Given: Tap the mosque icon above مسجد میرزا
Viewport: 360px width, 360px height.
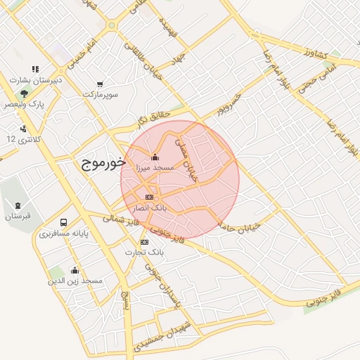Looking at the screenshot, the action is click(x=155, y=157).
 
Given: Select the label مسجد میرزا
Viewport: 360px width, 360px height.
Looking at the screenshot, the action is click(x=155, y=169).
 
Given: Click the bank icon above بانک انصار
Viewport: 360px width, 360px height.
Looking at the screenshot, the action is click(x=148, y=197).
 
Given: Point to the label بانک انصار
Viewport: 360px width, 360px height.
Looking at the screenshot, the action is click(x=150, y=208).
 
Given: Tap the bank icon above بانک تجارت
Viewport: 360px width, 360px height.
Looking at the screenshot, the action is click(x=145, y=242).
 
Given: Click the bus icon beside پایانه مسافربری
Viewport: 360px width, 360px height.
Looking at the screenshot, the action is click(x=64, y=222).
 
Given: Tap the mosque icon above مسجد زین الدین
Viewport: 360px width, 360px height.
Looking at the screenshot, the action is click(x=75, y=270).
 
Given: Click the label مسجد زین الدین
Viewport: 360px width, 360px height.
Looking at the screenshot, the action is click(x=75, y=281).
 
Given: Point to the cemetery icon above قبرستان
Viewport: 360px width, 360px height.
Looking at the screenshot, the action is click(x=16, y=205).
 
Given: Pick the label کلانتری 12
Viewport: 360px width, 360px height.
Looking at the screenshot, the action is click(x=24, y=139).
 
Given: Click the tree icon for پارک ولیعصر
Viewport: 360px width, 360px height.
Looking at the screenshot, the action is click(x=24, y=93).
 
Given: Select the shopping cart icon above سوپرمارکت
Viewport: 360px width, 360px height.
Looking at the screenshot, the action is click(x=100, y=84).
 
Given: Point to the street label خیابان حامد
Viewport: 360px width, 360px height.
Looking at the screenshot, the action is click(x=240, y=225).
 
